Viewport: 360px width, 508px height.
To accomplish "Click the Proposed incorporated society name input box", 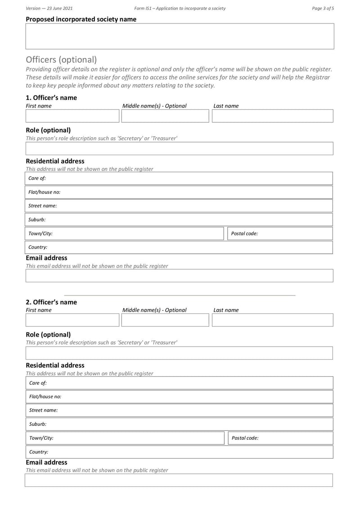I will coord(180,36).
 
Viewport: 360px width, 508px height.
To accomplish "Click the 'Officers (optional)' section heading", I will coord(61,59).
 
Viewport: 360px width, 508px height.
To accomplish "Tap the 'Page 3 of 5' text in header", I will coord(323,8).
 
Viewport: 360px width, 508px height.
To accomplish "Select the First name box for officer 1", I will coord(72,116).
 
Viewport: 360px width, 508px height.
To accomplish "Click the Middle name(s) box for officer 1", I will coord(165,116).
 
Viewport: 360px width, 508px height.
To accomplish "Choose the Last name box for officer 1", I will coord(272,116).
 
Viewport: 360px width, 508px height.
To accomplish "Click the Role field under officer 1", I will coord(179,149).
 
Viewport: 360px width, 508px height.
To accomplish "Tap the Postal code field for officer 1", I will coord(279,234).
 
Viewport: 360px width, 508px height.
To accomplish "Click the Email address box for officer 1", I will coord(179,276).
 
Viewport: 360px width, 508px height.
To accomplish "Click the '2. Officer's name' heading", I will coord(51,302).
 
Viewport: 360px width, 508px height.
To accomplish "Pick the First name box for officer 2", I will coord(72,320).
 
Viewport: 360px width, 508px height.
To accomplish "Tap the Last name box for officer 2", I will coord(272,320).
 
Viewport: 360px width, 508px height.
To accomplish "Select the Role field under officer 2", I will coord(179,353).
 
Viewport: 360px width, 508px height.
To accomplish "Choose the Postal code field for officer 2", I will coord(279,438).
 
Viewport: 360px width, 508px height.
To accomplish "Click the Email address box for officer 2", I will coord(179,480).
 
